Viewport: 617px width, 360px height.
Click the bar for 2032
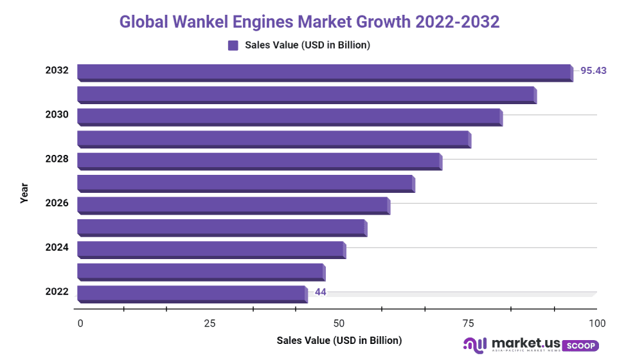click(x=325, y=73)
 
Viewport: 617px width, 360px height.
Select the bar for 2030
click(x=289, y=116)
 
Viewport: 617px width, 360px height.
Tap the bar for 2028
click(x=259, y=161)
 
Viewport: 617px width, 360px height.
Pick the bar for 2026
click(x=233, y=205)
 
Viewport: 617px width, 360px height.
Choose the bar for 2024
click(x=211, y=249)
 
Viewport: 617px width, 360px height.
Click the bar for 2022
click(x=192, y=294)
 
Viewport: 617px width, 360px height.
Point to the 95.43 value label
click(x=593, y=71)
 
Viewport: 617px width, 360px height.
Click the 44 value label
click(x=321, y=292)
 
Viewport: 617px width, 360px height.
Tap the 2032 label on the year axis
click(x=57, y=71)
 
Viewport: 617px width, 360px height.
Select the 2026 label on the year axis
click(x=57, y=203)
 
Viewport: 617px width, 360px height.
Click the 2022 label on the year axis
click(x=57, y=292)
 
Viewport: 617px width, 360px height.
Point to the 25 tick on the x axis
click(x=210, y=323)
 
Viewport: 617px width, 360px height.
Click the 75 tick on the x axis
click(x=468, y=323)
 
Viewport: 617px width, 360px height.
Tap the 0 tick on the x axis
click(x=80, y=323)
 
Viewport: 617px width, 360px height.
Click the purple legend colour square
click(x=233, y=45)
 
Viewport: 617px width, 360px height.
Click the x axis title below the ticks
click(x=339, y=340)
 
